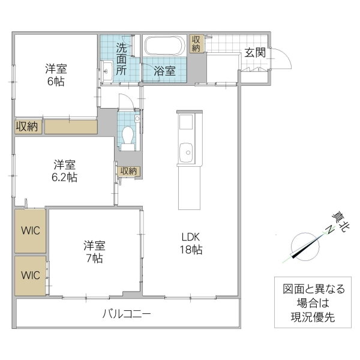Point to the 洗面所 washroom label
point(121,59)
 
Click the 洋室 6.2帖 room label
point(64,170)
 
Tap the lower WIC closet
point(29,276)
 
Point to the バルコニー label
point(127,314)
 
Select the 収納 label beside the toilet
point(128,171)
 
